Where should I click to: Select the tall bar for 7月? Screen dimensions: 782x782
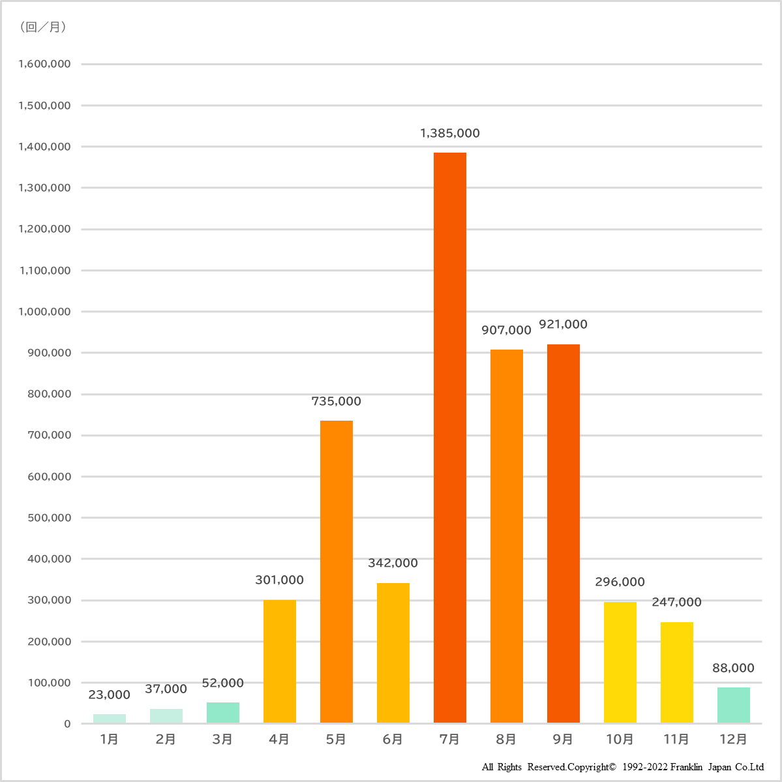[x=450, y=437]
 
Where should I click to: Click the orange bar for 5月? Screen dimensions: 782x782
[x=337, y=571]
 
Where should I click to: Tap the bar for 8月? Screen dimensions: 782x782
[x=507, y=536]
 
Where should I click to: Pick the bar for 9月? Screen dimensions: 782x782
[x=564, y=533]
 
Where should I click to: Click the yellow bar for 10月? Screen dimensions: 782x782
[x=620, y=662]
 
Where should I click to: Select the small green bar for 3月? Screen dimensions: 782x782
[x=223, y=712]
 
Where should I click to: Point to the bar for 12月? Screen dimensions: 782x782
[x=734, y=705]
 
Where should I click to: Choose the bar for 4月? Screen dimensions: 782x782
[x=280, y=661]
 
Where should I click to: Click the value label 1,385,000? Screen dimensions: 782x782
[x=450, y=134]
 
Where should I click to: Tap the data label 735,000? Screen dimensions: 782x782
[x=337, y=402]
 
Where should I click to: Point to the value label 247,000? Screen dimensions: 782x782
[x=677, y=603]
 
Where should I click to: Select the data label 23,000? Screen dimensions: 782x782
[x=110, y=695]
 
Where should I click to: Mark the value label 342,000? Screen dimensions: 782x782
[x=393, y=564]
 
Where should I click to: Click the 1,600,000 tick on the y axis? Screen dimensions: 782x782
[x=45, y=64]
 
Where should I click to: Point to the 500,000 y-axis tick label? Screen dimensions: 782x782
[x=49, y=518]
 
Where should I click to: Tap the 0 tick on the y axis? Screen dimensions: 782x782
[x=67, y=724]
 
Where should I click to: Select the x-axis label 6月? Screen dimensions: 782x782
[x=393, y=740]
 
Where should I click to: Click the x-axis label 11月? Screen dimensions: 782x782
[x=676, y=740]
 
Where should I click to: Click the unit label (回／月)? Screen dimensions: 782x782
[x=43, y=27]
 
